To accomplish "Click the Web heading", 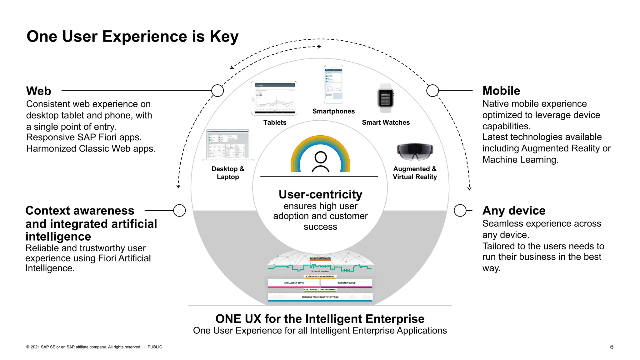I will [x=38, y=91].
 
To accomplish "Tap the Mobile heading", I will [x=501, y=91].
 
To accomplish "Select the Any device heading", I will [x=514, y=211].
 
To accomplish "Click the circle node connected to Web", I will [x=217, y=91].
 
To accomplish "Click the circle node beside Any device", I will [x=460, y=211].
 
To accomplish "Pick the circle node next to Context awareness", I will [x=179, y=211].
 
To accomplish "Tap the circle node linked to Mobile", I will [x=432, y=91].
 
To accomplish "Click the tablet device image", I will [x=274, y=98].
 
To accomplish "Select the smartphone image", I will [x=333, y=84].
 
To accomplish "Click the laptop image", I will [x=228, y=145].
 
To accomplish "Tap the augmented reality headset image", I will [x=415, y=151].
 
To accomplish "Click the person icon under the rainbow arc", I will [x=321, y=161].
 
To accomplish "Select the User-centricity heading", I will [x=320, y=194].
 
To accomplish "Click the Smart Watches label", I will [x=386, y=122].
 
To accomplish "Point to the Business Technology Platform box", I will [x=320, y=297].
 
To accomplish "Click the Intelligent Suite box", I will [x=294, y=283].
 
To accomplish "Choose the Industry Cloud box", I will [x=346, y=283].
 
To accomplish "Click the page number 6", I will [x=612, y=347].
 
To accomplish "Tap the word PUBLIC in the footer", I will [x=155, y=347].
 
